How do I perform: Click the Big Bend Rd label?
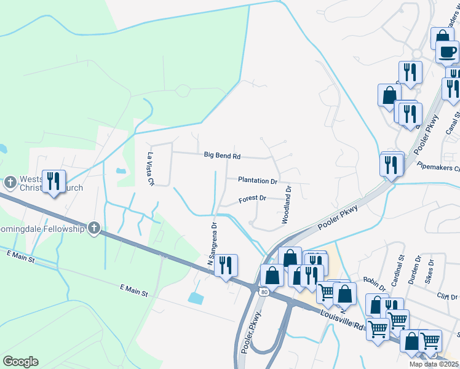point(222,156)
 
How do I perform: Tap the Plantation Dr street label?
point(258,181)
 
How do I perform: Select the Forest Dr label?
point(252,199)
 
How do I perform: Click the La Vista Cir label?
point(149,169)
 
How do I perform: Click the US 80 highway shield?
point(263,291)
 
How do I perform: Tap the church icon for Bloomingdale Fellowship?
point(93,228)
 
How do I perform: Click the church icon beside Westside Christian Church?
point(10,183)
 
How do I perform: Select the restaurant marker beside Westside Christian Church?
point(54,181)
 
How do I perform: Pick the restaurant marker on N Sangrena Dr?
point(226,266)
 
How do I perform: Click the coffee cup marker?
point(447,52)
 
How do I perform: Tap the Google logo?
point(20,362)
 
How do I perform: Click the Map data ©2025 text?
point(434,364)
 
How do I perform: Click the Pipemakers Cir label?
point(438,166)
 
